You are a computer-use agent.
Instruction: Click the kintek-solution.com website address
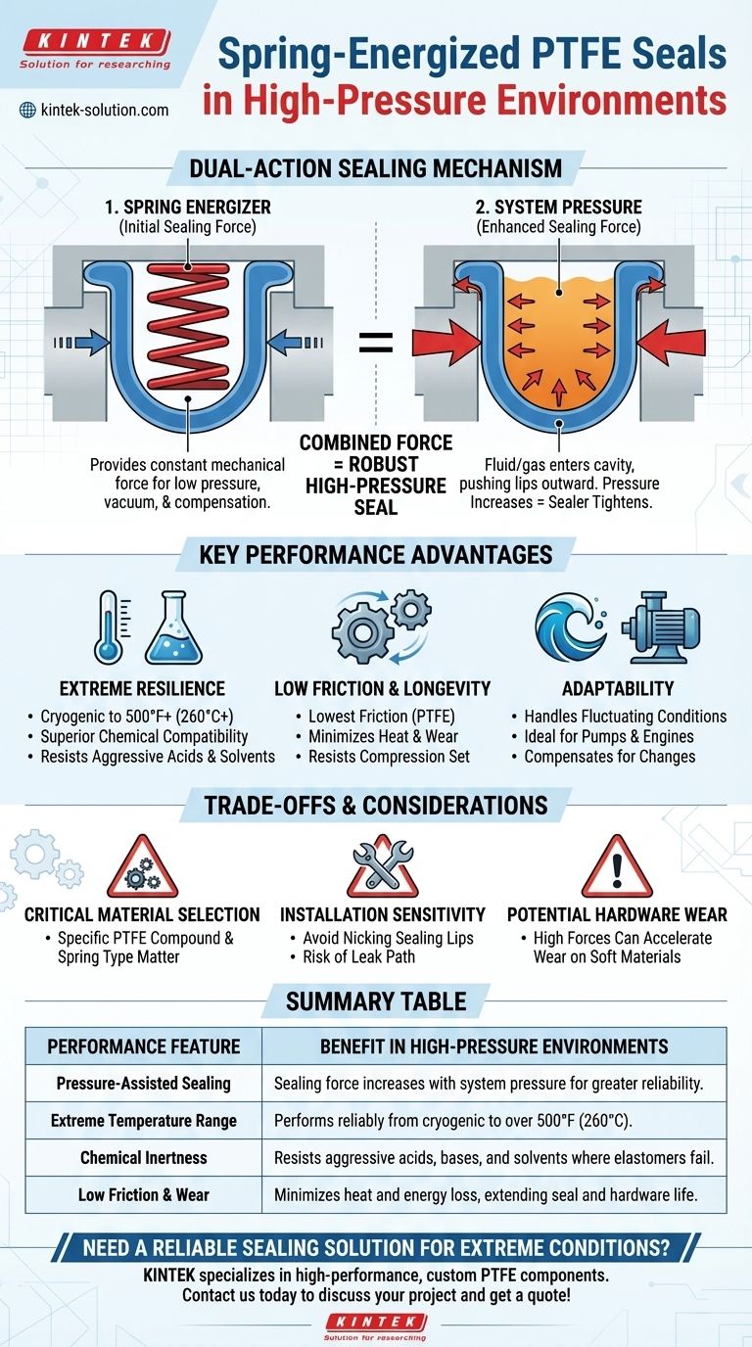click(104, 110)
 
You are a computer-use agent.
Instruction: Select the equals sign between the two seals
click(374, 342)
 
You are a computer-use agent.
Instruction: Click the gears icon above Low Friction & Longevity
click(381, 627)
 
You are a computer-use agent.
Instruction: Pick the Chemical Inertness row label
click(144, 1157)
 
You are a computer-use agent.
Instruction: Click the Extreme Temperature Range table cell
click(144, 1120)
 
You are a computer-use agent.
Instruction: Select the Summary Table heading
click(376, 1001)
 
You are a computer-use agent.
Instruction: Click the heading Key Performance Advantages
click(376, 556)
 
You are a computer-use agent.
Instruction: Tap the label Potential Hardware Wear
click(617, 914)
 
